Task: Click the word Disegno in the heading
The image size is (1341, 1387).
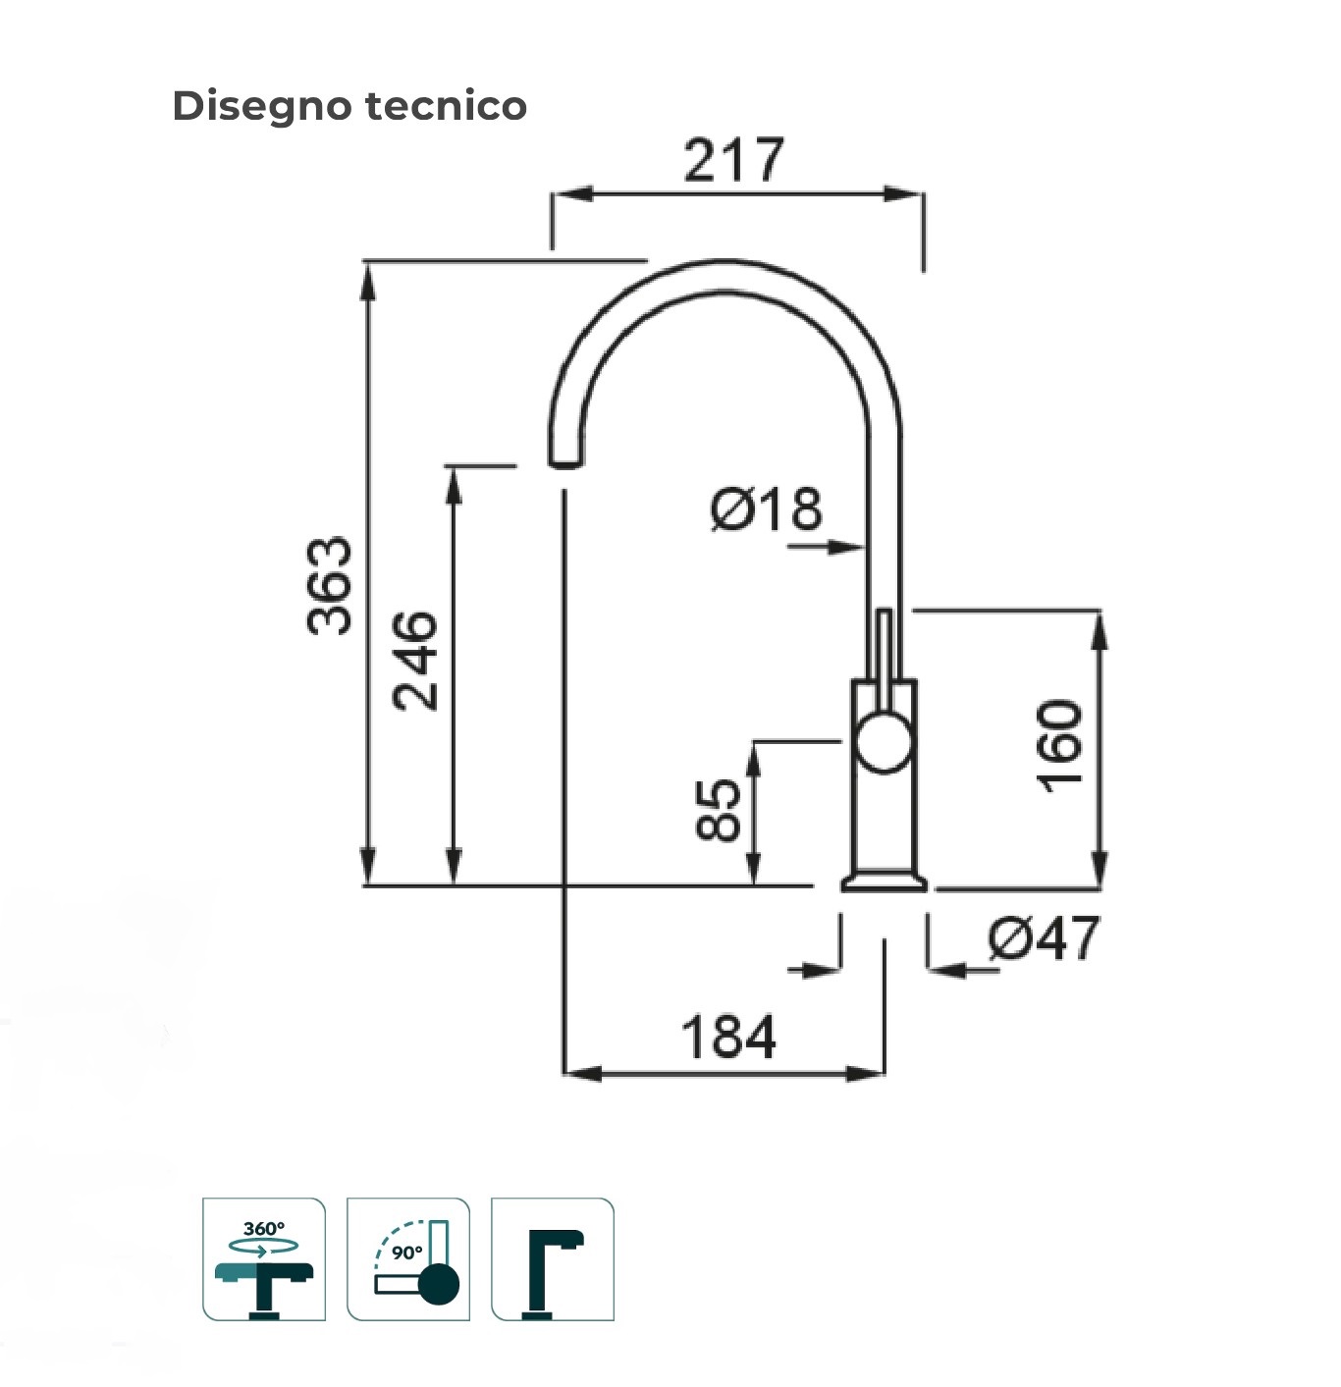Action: pos(261,106)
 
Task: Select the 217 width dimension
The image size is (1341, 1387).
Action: pos(733,160)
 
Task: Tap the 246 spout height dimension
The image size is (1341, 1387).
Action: pos(414,660)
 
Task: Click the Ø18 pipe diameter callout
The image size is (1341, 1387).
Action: pos(767,509)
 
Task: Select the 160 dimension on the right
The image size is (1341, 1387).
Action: pos(1060,746)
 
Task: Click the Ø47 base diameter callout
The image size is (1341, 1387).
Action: pos(1044,938)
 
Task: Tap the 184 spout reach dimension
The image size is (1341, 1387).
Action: pos(728,1037)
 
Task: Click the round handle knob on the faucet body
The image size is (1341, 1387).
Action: pos(884,742)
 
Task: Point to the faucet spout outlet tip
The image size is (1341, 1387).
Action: pos(564,461)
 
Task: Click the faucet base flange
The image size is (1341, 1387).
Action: pos(884,882)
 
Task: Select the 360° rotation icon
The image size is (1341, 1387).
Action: pos(263,1259)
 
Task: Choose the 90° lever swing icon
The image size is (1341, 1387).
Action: pos(408,1259)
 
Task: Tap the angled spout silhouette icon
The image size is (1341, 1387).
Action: pos(553,1259)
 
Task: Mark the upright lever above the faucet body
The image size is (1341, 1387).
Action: pos(884,643)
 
